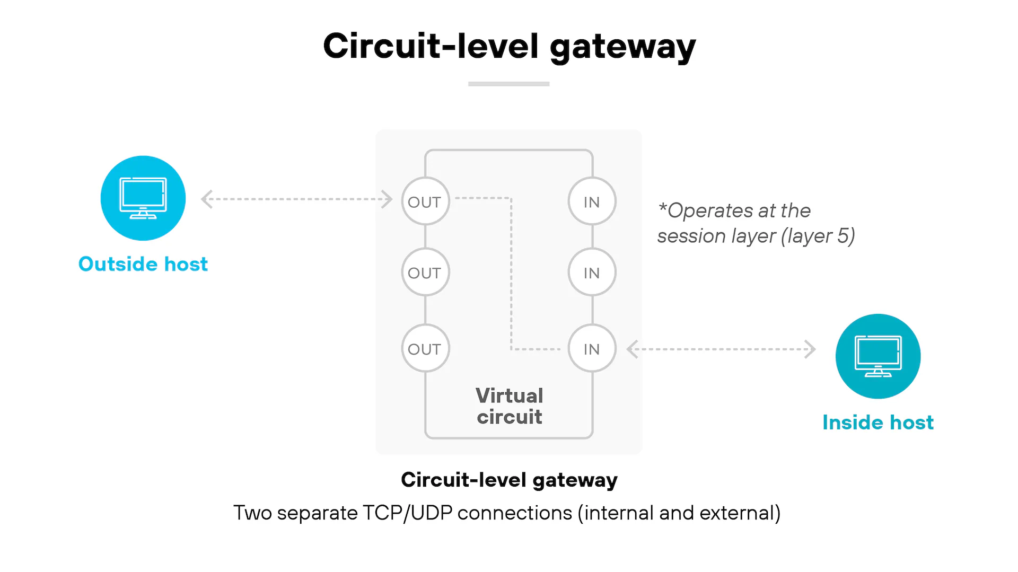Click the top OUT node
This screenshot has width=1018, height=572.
tap(425, 201)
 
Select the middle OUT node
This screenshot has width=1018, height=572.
tap(425, 272)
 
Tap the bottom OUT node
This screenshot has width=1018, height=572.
tap(425, 349)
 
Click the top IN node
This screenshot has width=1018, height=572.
tap(592, 201)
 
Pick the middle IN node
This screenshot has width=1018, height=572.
tap(592, 272)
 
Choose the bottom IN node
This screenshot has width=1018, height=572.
tap(592, 349)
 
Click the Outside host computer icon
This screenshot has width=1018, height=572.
tap(143, 198)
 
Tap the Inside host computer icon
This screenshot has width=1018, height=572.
tap(878, 356)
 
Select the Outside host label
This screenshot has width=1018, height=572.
tap(143, 264)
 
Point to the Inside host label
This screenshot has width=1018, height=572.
tap(878, 423)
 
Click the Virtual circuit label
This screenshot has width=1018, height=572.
tap(510, 406)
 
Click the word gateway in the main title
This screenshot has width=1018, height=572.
tap(622, 47)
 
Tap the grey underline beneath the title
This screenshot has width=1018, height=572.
tap(509, 84)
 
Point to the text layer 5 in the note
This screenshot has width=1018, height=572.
tap(819, 236)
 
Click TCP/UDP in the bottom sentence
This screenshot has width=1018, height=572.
tap(407, 513)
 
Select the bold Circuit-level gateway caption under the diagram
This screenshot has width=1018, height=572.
tap(509, 480)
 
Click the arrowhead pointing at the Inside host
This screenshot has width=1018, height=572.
tap(810, 349)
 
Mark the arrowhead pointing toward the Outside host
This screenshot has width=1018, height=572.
tap(207, 199)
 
